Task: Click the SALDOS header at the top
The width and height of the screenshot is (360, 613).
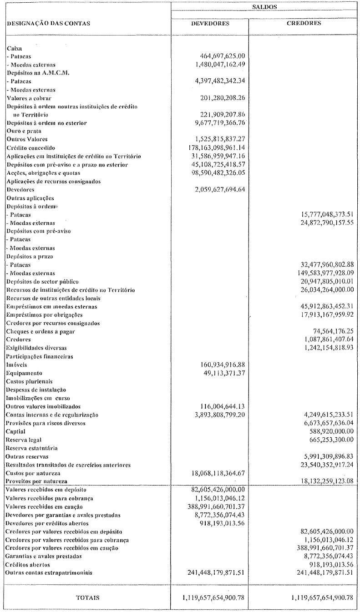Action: [265, 7]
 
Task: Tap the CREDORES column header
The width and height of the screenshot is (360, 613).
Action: [304, 23]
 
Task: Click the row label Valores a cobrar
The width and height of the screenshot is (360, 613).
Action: [29, 98]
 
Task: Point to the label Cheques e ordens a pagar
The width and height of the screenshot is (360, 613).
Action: [41, 331]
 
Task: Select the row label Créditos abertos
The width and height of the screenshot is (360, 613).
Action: [28, 564]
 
